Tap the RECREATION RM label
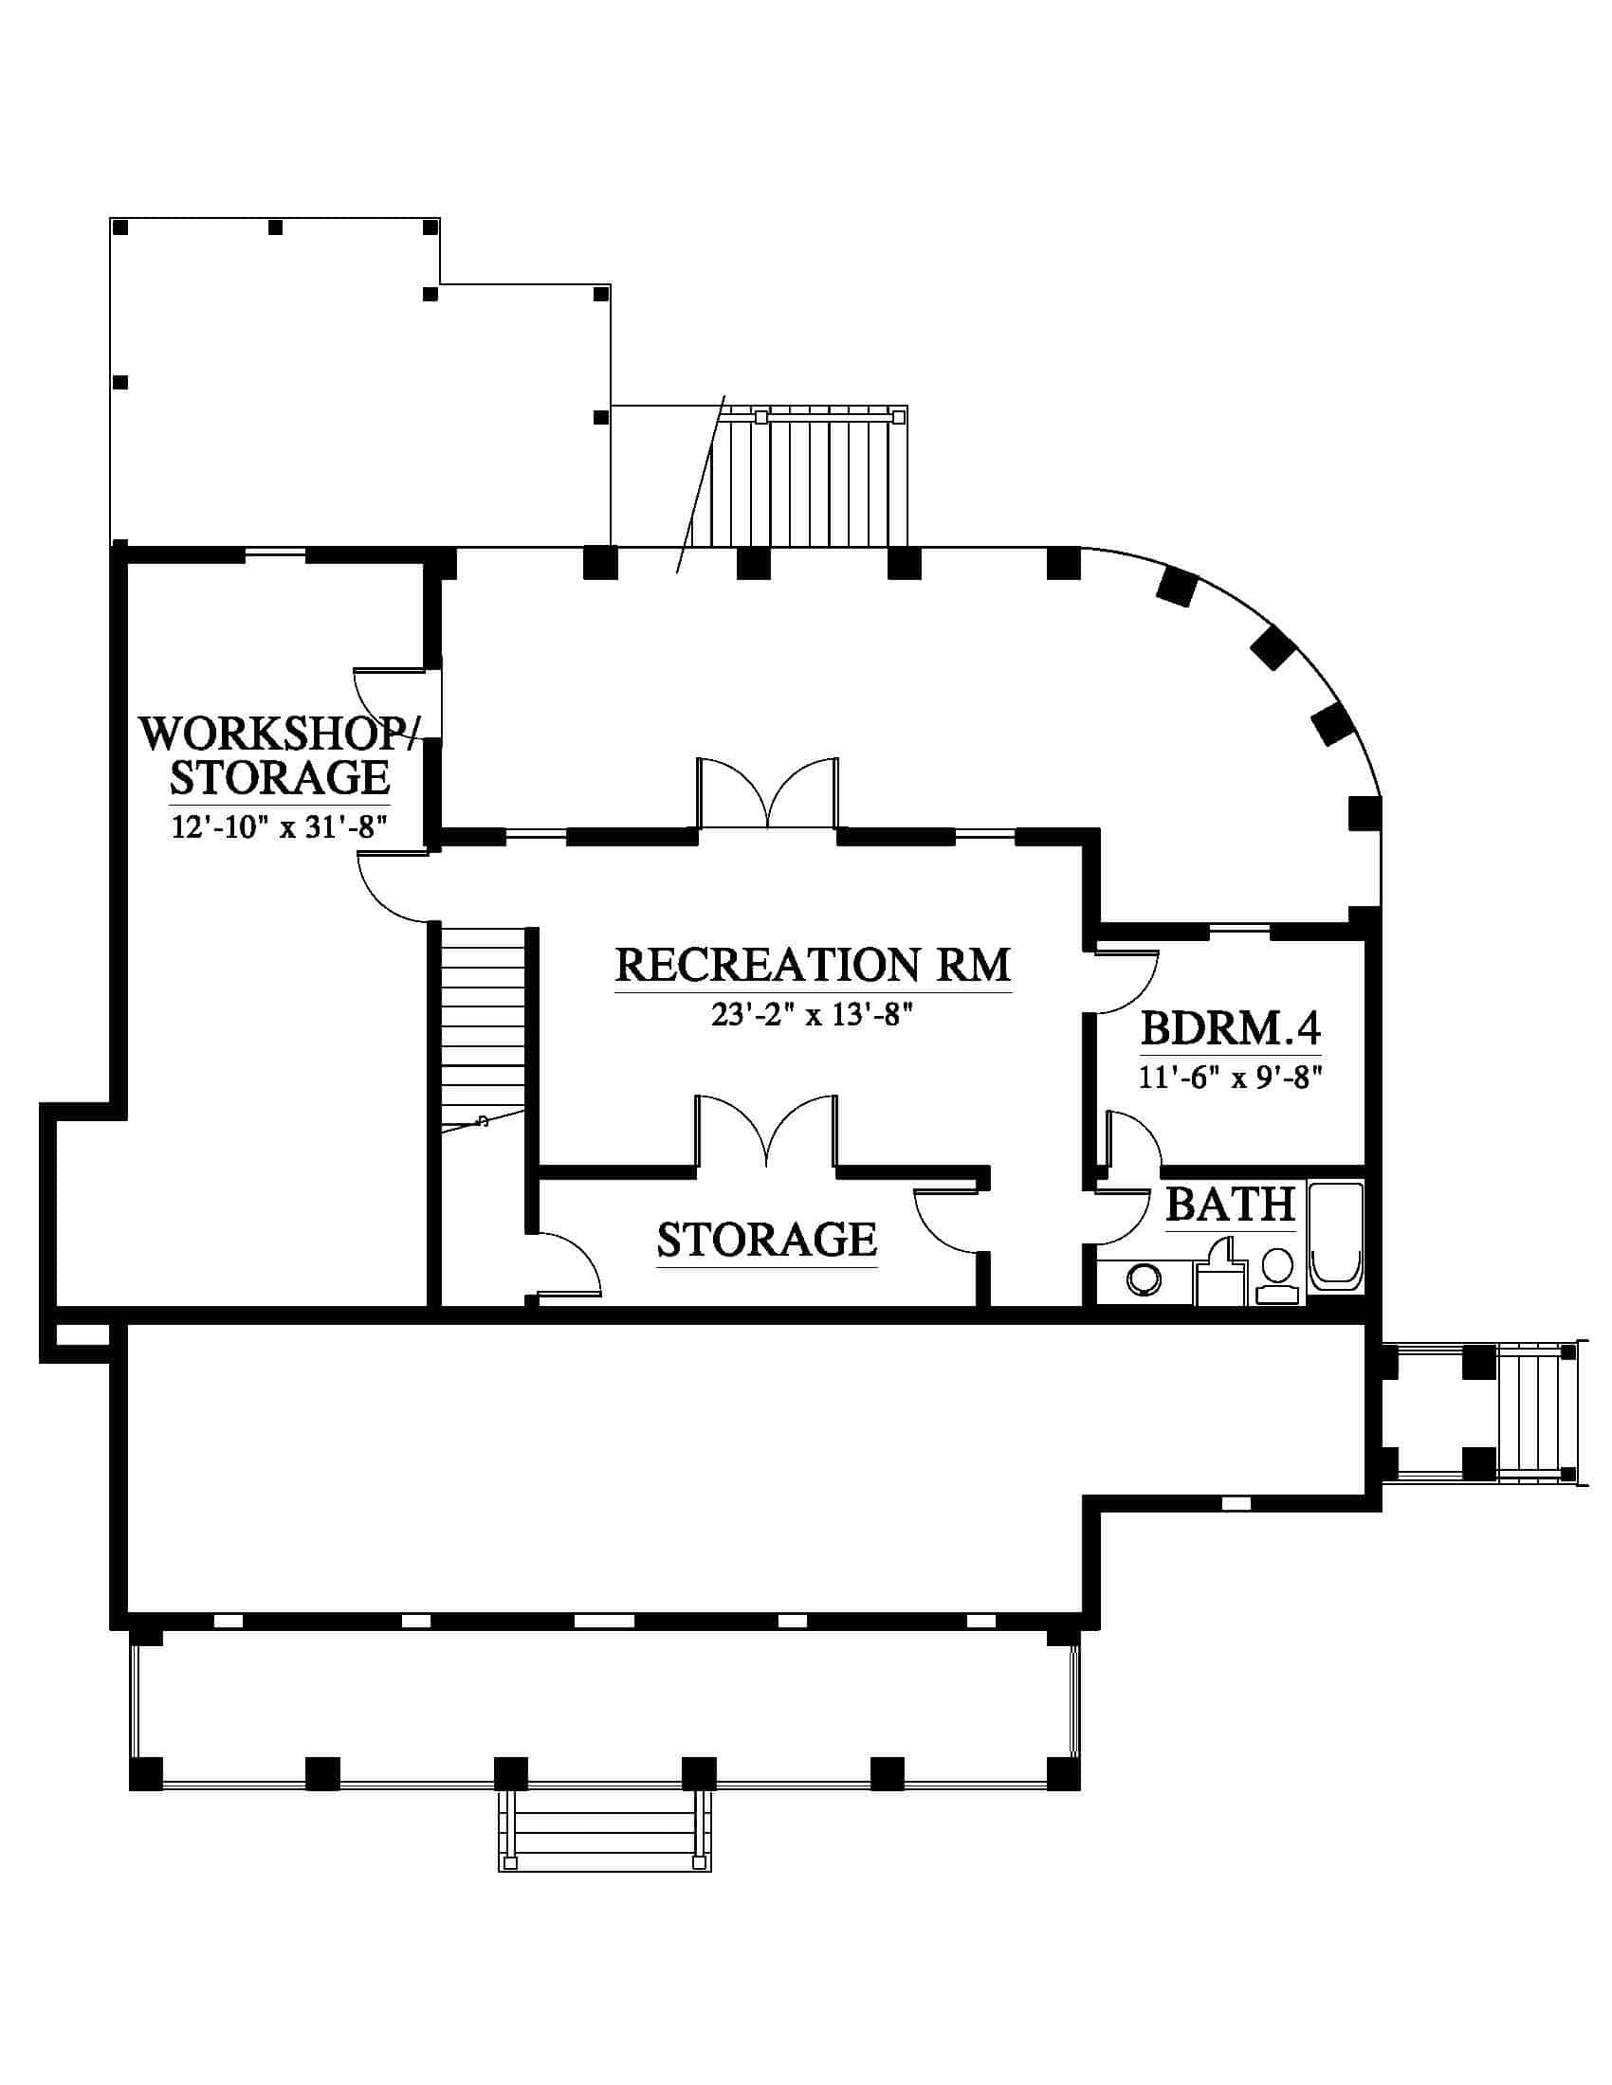[x=813, y=965]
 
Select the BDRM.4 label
[x=1231, y=1029]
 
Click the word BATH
[x=1230, y=1205]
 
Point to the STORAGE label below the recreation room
[x=767, y=1241]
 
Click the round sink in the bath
[x=1143, y=1281]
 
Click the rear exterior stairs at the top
[x=808, y=477]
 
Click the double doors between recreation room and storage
[x=768, y=1132]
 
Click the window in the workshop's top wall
[x=275, y=554]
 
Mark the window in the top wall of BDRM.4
[x=1238, y=928]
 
